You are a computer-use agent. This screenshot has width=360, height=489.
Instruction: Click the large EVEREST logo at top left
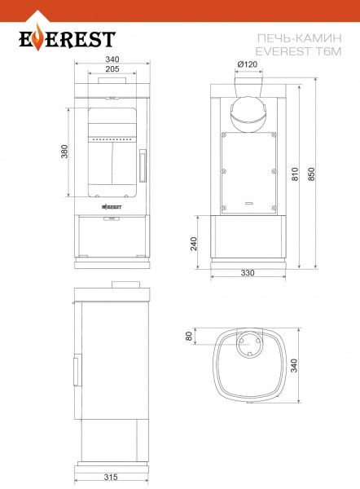coord(67,38)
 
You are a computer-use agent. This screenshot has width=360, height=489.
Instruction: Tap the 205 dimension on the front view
coord(112,69)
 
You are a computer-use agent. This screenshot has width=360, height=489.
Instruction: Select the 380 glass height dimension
coord(64,152)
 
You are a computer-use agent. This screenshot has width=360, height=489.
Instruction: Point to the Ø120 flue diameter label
coord(248,64)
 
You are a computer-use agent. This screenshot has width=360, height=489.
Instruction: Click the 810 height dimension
coord(295,174)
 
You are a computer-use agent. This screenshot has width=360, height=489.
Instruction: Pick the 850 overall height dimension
coord(311,174)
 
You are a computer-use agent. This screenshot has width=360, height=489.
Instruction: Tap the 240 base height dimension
coord(194,244)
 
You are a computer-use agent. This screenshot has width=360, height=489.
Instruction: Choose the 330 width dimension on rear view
coord(248,272)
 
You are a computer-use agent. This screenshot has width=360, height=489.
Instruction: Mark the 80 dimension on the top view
coord(189,336)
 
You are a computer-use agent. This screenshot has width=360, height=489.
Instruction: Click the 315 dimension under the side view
coord(111,477)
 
